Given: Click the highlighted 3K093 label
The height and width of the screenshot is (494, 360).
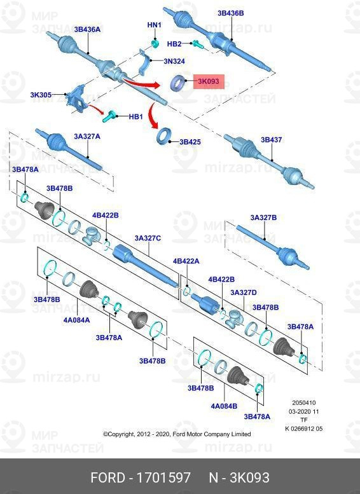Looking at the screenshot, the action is [209, 81].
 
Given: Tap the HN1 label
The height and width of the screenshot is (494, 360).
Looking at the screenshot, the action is [154, 25].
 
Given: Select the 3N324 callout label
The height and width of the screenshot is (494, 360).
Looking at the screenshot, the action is [174, 61].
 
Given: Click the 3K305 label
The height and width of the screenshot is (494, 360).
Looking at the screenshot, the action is [41, 95].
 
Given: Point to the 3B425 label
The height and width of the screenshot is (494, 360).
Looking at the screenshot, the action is [190, 142].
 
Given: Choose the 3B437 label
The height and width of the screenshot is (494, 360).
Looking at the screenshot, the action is [271, 140].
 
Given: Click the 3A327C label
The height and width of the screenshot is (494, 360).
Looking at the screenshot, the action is [148, 238].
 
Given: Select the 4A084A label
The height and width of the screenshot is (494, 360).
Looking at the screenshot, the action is [76, 320].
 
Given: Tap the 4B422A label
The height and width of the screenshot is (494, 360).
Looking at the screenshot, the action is [186, 261].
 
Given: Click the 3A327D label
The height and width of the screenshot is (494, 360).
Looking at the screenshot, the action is [244, 292].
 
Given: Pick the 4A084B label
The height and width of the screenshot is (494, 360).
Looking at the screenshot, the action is [224, 406].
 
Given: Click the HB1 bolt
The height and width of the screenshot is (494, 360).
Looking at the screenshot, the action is [111, 116].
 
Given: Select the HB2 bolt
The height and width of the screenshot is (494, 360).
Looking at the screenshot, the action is [197, 45].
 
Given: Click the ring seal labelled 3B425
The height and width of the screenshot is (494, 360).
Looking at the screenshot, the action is [164, 136].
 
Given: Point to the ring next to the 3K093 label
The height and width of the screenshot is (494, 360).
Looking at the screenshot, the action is [178, 83].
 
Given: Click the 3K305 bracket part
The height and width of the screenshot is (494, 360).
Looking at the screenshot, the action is [76, 99].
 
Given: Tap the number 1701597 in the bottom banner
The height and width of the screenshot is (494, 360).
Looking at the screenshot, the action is [163, 477].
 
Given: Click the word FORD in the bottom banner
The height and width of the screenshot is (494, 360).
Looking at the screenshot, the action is [108, 477].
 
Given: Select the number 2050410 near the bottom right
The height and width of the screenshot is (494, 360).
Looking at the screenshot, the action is [304, 402].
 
